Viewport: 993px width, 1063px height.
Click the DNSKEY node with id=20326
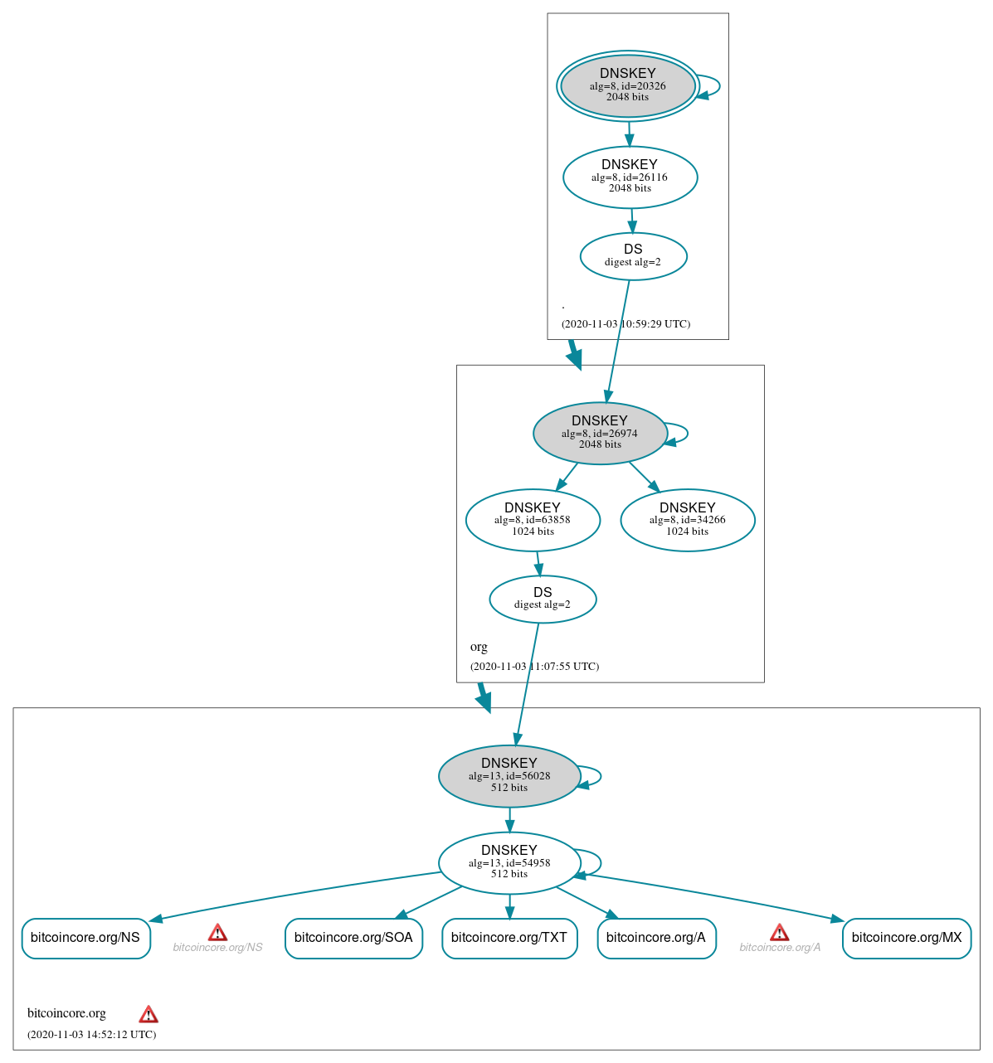pyautogui.click(x=628, y=86)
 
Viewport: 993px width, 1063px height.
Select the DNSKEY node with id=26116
pyautogui.click(x=630, y=177)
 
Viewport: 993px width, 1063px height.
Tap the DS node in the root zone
pyautogui.click(x=633, y=256)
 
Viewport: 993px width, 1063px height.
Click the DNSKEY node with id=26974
pyautogui.click(x=600, y=434)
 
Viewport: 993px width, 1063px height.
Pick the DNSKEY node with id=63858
pyautogui.click(x=533, y=520)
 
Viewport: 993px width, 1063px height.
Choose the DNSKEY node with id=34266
pyautogui.click(x=687, y=520)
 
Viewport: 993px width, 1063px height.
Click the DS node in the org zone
pyautogui.click(x=543, y=599)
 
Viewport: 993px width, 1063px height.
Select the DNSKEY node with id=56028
pyautogui.click(x=509, y=776)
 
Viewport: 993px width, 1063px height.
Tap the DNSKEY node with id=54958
pyautogui.click(x=509, y=863)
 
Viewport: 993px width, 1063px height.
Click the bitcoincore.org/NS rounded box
pyautogui.click(x=85, y=939)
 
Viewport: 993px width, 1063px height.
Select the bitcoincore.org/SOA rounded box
pyautogui.click(x=353, y=939)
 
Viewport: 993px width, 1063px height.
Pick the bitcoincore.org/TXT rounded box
pyautogui.click(x=509, y=939)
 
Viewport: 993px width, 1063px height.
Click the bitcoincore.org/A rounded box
pyautogui.click(x=656, y=939)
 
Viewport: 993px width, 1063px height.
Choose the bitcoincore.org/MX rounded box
pyautogui.click(x=907, y=939)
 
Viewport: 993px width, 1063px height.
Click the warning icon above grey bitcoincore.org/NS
pyautogui.click(x=217, y=933)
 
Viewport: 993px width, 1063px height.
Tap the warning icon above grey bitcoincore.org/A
pyautogui.click(x=779, y=933)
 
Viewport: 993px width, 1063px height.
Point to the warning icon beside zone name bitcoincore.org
pyautogui.click(x=148, y=1014)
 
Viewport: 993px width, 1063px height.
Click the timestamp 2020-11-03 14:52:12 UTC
pyautogui.click(x=91, y=1035)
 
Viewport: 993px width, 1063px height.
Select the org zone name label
pyautogui.click(x=479, y=647)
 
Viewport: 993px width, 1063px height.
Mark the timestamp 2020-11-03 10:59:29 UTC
pyautogui.click(x=625, y=324)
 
